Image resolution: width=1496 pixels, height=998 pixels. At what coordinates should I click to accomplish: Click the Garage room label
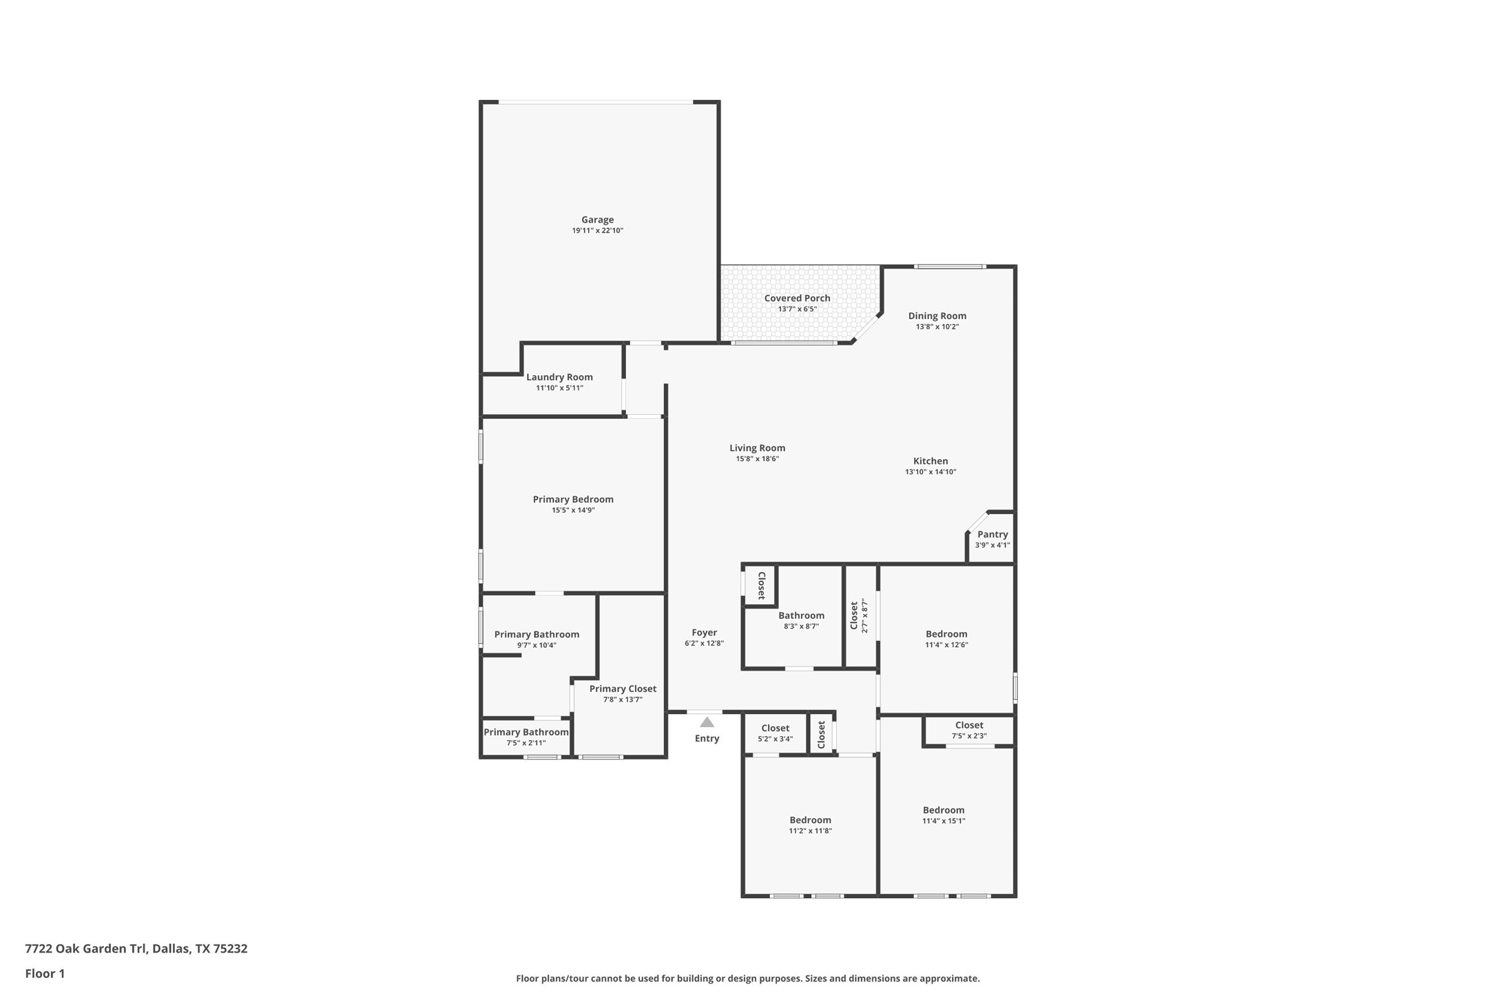tap(597, 220)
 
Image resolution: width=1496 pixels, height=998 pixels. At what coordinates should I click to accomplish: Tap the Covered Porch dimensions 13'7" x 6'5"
tap(797, 309)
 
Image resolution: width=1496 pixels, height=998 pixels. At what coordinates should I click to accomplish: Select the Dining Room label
tap(937, 316)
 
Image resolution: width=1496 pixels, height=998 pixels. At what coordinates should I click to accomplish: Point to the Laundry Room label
tap(559, 377)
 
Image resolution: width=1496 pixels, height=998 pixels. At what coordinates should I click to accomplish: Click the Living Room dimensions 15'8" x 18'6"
tap(757, 459)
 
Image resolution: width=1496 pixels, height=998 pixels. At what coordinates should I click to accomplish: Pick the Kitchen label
tap(931, 461)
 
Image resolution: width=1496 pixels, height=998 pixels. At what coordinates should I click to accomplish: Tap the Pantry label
tap(993, 534)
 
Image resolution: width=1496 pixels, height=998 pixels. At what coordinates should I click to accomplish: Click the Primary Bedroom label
tap(573, 499)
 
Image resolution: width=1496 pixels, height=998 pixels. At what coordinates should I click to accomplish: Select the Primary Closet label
tap(623, 689)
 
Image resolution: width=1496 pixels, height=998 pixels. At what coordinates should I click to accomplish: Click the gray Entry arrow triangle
tap(707, 722)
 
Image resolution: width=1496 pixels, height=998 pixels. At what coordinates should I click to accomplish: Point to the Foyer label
tap(704, 632)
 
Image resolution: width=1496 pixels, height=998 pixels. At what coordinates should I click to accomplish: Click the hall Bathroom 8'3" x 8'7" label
tap(801, 615)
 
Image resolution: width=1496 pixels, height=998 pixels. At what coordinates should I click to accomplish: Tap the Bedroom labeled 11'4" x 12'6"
tap(946, 634)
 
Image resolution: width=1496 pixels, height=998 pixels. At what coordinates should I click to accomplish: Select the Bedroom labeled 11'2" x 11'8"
tap(810, 820)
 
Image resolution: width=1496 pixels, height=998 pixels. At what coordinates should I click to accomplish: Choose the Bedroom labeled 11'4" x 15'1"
tap(944, 810)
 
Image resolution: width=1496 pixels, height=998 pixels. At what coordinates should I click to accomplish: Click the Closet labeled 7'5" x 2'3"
tap(969, 725)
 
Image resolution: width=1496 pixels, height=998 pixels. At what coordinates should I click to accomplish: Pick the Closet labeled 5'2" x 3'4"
tap(775, 728)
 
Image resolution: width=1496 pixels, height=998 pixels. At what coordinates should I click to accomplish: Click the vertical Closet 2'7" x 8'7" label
tap(855, 615)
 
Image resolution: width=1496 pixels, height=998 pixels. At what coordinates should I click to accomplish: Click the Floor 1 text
tap(45, 974)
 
